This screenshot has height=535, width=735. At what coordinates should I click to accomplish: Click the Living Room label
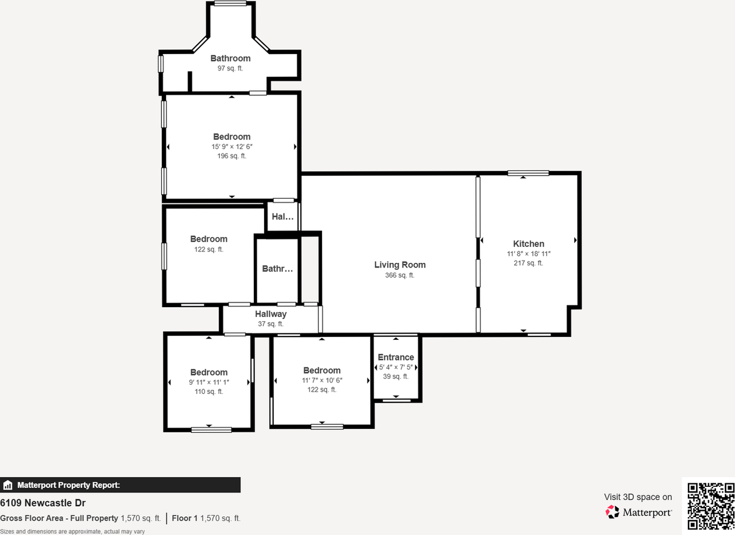(x=400, y=265)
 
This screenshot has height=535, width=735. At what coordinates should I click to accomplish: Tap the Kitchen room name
(x=528, y=244)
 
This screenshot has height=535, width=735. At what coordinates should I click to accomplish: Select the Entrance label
(x=396, y=357)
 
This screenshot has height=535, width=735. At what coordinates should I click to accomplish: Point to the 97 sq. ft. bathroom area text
(x=230, y=68)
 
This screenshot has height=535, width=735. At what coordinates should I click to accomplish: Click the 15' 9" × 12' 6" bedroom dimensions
(x=231, y=146)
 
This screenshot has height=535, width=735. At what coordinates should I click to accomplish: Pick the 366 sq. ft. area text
(x=400, y=275)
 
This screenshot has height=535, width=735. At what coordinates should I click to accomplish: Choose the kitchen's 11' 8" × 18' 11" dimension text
(x=528, y=254)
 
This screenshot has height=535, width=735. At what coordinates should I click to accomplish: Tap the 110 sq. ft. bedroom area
(x=208, y=391)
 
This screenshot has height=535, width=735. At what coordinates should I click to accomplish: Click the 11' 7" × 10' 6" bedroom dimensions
(x=322, y=380)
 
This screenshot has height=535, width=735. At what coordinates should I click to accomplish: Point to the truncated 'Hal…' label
(x=283, y=216)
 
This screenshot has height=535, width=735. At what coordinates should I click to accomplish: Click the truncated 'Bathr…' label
(x=277, y=269)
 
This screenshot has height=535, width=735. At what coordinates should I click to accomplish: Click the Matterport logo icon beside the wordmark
(x=612, y=512)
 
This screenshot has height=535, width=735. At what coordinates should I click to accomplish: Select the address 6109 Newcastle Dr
(x=42, y=503)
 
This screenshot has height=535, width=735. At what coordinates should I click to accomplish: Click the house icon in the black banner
(x=7, y=485)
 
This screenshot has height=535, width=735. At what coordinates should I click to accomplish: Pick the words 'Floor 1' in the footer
(x=185, y=518)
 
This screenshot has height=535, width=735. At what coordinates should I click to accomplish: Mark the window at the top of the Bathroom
(x=230, y=3)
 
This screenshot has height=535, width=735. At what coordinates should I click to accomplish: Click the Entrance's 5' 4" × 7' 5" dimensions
(x=396, y=367)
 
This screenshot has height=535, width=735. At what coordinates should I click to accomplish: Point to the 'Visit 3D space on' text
(x=638, y=497)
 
